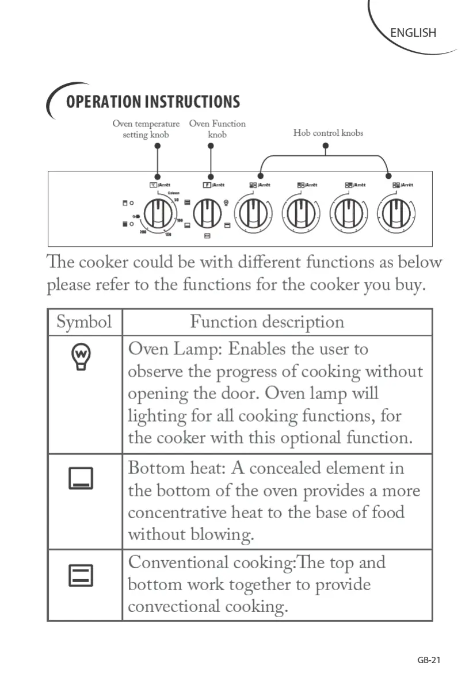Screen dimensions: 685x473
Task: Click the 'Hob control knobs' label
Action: pyautogui.click(x=328, y=133)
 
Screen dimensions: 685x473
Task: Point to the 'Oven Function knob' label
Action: pyautogui.click(x=217, y=129)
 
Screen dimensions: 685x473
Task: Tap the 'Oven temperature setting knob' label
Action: pyautogui.click(x=146, y=129)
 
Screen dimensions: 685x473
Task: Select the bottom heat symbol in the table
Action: pyautogui.click(x=81, y=478)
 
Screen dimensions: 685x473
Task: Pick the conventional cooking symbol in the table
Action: pyautogui.click(x=81, y=575)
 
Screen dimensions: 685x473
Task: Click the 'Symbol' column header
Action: pyautogui.click(x=84, y=322)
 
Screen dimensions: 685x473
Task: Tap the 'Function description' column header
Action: pyautogui.click(x=267, y=322)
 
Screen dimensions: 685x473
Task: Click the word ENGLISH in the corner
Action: pyautogui.click(x=413, y=33)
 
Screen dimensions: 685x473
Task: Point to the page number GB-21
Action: pyautogui.click(x=429, y=660)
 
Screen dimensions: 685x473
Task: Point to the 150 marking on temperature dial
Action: pyautogui.click(x=168, y=234)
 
